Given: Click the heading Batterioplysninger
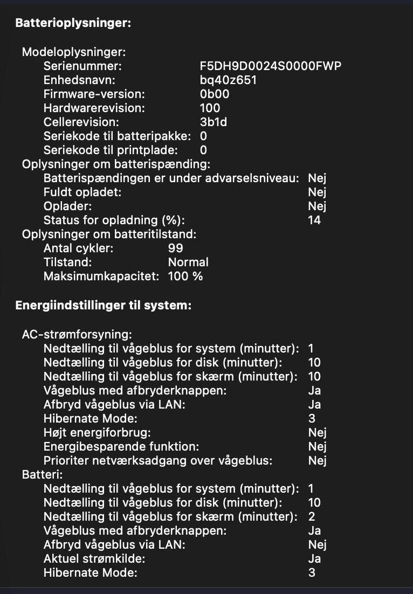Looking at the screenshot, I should click(73, 23).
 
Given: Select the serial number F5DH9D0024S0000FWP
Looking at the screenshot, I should click(270, 66).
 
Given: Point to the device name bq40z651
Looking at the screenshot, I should click(228, 80).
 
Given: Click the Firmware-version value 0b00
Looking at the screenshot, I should click(215, 94).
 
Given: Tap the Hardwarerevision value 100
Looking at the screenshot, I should click(210, 108).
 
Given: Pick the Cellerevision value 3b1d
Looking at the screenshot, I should click(214, 122).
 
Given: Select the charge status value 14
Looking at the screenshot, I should click(314, 220).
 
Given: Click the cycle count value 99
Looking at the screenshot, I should click(176, 248).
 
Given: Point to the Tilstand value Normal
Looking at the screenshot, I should click(188, 263).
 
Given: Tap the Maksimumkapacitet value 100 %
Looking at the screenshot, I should click(185, 277).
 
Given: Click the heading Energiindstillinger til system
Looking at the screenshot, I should click(103, 306).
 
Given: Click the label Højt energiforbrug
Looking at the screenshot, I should click(97, 432).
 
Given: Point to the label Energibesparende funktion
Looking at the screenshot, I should click(114, 446).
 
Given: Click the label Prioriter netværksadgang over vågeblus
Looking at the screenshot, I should click(158, 460).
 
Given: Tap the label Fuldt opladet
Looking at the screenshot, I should click(82, 192).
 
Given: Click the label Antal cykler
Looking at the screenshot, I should click(79, 248).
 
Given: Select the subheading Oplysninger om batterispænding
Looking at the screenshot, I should click(116, 164).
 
